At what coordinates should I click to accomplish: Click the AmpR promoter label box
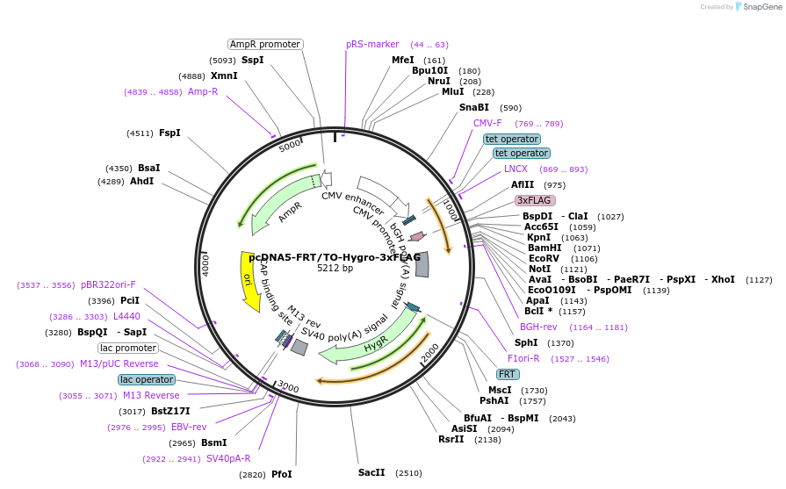click(x=265, y=44)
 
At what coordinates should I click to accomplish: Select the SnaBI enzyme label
click(x=474, y=107)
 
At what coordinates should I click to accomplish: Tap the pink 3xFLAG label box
click(x=535, y=200)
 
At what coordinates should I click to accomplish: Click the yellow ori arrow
click(x=249, y=280)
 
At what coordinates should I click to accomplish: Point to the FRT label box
click(x=507, y=374)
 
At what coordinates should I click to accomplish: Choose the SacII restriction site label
click(x=371, y=472)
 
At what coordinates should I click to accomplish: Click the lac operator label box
click(x=147, y=379)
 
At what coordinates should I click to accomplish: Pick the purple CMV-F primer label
click(x=487, y=123)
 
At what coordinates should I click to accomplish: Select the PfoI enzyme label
click(x=281, y=474)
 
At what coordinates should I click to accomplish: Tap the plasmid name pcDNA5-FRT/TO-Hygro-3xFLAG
click(x=335, y=257)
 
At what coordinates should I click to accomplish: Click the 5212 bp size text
click(x=335, y=269)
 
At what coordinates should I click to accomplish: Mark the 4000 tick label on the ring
click(x=206, y=263)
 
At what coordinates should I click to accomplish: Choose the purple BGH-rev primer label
click(x=538, y=327)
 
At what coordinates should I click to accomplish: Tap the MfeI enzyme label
click(x=403, y=60)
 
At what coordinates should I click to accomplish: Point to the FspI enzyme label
click(x=169, y=133)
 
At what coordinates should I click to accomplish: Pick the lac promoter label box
click(x=127, y=348)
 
